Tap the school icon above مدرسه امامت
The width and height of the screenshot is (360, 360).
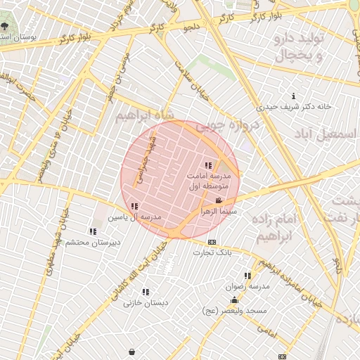tap(207, 165)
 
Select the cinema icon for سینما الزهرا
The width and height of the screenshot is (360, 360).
tap(218, 201)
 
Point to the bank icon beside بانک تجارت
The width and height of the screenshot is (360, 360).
tap(212, 242)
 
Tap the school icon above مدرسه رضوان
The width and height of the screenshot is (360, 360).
tap(247, 276)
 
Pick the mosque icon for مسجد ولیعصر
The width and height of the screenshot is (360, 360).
tap(234, 300)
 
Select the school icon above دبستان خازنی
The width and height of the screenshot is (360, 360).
tap(146, 292)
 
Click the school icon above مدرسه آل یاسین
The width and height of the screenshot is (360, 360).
tap(134, 206)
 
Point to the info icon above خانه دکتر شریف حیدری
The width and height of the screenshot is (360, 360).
tap(293, 96)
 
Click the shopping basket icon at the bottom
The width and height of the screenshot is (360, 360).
tap(131, 351)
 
